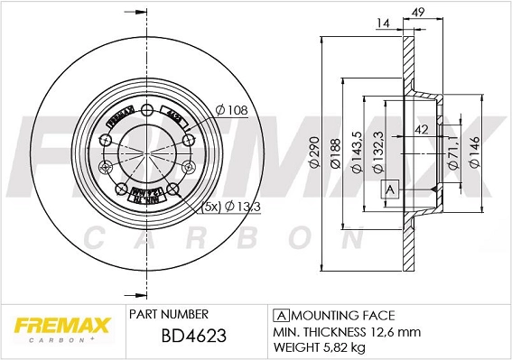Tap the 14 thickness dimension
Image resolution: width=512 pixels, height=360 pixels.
[x=384, y=23]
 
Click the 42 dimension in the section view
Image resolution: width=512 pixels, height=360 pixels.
[x=421, y=129]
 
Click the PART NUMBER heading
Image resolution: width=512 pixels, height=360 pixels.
[x=169, y=313]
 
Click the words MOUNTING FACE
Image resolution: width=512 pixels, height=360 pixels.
[x=343, y=315]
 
